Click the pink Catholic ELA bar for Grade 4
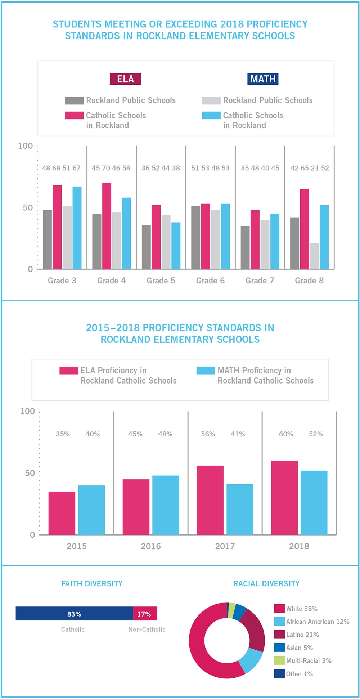107,226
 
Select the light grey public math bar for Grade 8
314,256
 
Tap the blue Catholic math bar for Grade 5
176,246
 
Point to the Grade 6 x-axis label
210,281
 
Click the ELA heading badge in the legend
125,79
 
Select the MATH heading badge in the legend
263,79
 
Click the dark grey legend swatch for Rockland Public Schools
74,100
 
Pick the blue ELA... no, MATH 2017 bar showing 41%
240,509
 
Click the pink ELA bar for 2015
62,513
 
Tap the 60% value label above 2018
286,434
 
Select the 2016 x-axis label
151,546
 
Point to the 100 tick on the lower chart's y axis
28,411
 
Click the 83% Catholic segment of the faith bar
74,614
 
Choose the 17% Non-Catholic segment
145,614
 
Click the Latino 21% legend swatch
279,635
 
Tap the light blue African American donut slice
251,660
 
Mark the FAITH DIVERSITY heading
92,584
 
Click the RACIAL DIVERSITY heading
266,584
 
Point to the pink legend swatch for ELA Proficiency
69,371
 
